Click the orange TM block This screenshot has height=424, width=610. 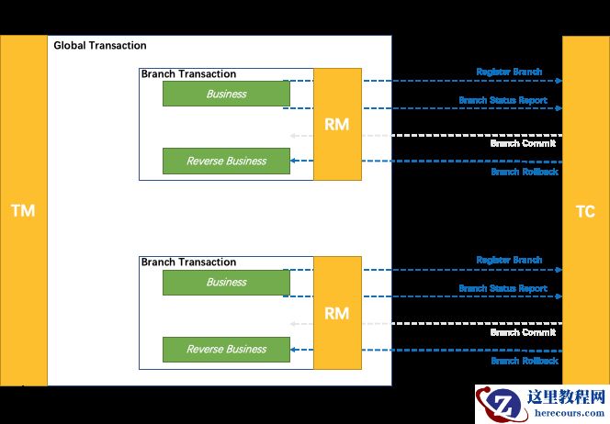(22, 210)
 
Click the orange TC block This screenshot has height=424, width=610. (585, 211)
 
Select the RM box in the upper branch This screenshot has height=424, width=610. (337, 124)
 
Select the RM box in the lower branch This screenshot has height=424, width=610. (337, 313)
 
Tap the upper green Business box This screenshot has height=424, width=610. (226, 94)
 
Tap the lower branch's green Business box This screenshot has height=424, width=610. (226, 283)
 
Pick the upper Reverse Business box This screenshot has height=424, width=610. (226, 161)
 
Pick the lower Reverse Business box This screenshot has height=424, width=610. (226, 349)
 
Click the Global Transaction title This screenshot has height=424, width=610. (100, 46)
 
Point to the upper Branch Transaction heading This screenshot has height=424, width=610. (188, 74)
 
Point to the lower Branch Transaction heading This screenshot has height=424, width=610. (188, 262)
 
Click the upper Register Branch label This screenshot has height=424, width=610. (509, 72)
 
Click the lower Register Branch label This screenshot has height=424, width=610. (509, 261)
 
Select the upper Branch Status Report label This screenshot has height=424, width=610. (503, 100)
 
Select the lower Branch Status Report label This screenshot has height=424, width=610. (503, 288)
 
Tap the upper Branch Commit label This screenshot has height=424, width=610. (523, 144)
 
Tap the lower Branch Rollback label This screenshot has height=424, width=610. (524, 361)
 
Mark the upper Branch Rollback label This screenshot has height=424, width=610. (524, 172)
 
